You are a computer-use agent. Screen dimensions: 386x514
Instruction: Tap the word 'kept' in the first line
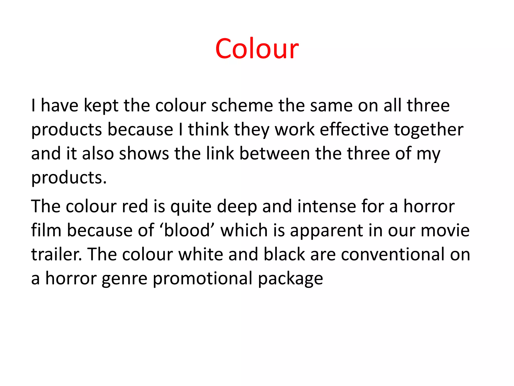coord(101,106)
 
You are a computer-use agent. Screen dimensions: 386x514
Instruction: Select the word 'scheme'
coord(242,106)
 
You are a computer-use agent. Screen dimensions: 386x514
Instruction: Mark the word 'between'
coord(275,154)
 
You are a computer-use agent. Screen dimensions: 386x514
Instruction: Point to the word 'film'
coord(46,230)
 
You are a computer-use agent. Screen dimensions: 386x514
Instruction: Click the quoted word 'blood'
coord(187,230)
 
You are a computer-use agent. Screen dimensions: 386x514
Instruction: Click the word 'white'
coord(201,255)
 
